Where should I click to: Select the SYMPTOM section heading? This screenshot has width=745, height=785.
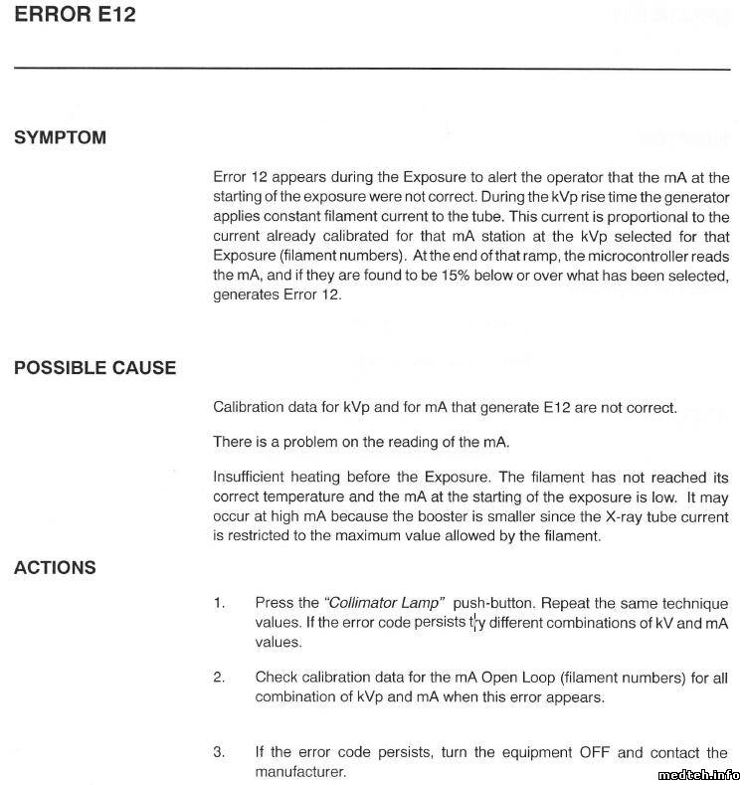[x=60, y=138]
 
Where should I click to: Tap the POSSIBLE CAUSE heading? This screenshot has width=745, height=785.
[x=94, y=368]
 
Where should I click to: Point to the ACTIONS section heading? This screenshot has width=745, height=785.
[x=55, y=568]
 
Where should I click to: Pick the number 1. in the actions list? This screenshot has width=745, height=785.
[x=219, y=603]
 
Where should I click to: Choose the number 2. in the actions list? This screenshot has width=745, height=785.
[x=219, y=678]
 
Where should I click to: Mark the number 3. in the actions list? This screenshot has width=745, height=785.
[x=219, y=752]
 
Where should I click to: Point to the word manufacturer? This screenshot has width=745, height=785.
[x=300, y=770]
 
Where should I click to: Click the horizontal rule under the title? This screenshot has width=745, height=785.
[x=372, y=68]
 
